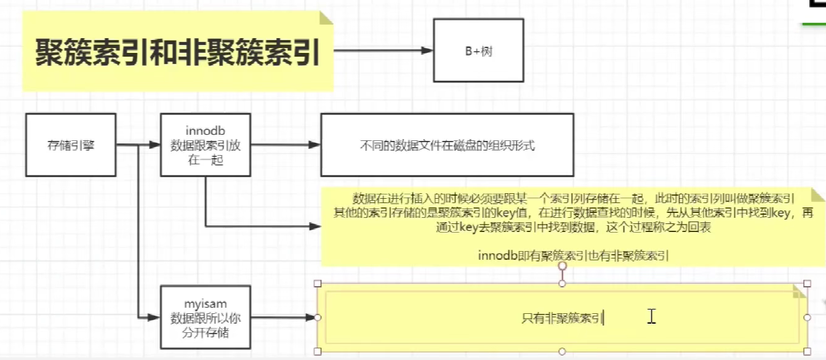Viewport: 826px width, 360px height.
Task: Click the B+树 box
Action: point(478,50)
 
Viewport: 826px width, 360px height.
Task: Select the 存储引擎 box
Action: point(71,146)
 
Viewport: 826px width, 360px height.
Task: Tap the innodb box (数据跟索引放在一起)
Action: point(205,146)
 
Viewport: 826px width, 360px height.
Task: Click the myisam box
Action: point(205,317)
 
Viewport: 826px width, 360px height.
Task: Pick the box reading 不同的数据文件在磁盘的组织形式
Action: point(447,146)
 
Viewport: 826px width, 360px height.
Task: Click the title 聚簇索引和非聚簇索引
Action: point(177,53)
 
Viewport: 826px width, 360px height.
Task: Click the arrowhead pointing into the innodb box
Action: point(154,146)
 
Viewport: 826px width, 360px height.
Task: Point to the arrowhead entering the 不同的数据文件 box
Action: point(315,145)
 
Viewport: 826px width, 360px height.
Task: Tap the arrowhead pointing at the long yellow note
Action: point(315,226)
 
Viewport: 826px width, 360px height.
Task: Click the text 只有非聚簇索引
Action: point(561,318)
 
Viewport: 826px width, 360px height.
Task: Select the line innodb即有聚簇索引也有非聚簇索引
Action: point(573,255)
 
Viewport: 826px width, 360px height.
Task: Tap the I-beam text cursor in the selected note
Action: point(651,316)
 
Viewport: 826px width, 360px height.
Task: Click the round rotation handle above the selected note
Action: point(562,266)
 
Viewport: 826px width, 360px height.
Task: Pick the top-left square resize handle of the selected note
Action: point(318,284)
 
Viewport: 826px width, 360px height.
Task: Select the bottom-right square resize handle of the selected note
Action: point(807,351)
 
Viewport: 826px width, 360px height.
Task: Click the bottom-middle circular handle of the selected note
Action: point(562,351)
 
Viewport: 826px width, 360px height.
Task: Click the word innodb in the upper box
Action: point(205,130)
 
